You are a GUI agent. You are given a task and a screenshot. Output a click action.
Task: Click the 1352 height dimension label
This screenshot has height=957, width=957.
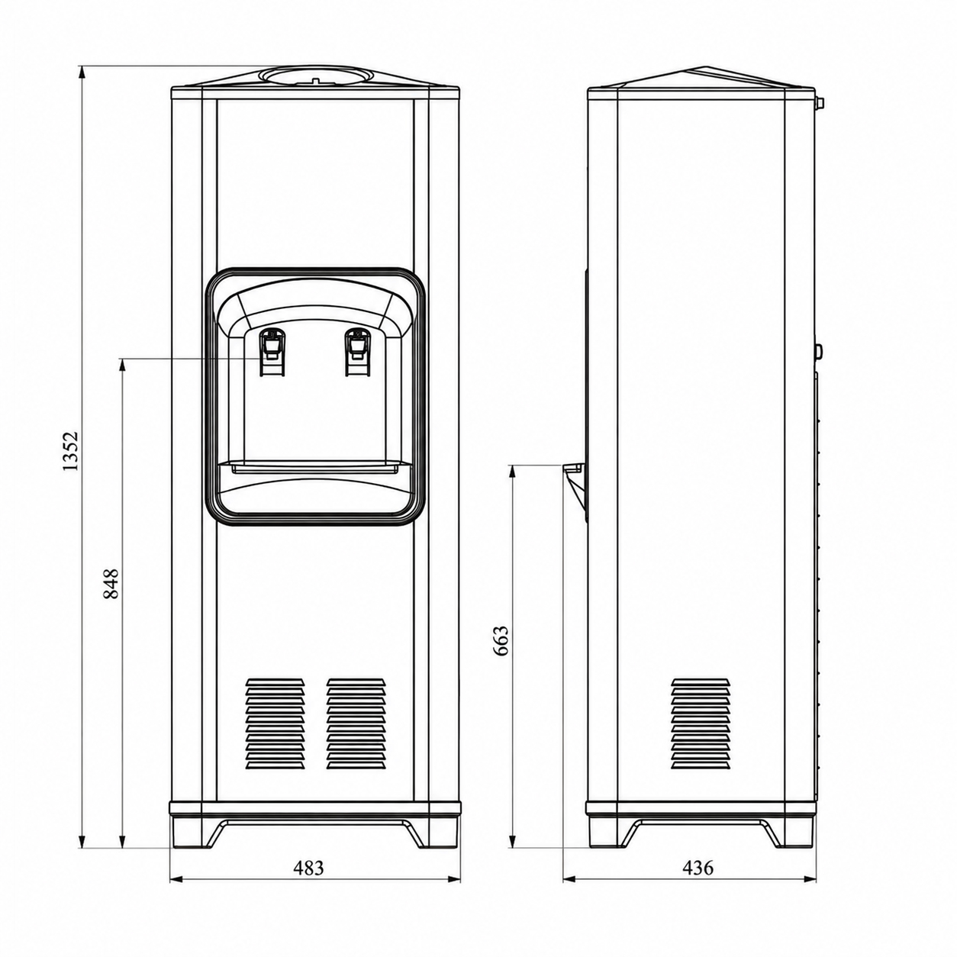70,451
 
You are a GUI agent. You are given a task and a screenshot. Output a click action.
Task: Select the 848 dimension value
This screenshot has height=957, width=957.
111,584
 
